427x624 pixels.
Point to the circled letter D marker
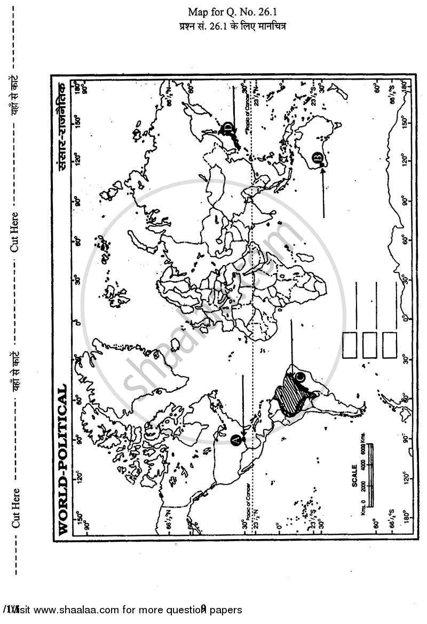tap(228, 127)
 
